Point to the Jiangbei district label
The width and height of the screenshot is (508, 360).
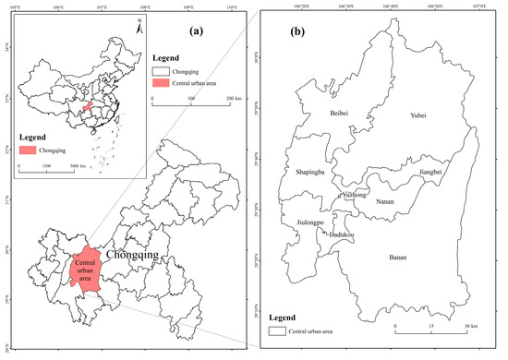tap(435, 171)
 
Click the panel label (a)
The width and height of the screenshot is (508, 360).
tap(197, 30)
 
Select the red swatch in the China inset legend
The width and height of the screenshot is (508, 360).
tap(28, 150)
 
